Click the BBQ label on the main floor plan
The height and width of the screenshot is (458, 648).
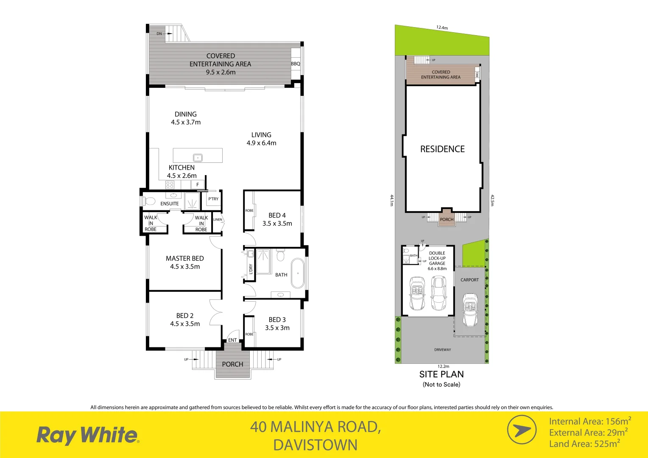[x=296, y=64]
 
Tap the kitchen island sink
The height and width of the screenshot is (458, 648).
[x=198, y=158]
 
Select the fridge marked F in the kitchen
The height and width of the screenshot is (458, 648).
[x=197, y=184]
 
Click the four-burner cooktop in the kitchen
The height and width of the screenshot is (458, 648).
[x=170, y=184]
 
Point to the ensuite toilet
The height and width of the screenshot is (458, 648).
[x=150, y=201]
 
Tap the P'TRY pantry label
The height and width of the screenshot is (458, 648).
[x=213, y=199]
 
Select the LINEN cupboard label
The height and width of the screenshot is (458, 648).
[x=218, y=220]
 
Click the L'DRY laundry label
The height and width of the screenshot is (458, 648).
[x=251, y=269]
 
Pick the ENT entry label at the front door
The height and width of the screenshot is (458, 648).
[x=232, y=340]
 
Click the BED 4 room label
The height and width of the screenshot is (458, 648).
[x=277, y=215]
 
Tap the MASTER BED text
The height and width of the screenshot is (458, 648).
[x=184, y=258]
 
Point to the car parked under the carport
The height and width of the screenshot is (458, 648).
[x=470, y=310]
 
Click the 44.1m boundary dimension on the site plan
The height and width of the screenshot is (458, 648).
[x=392, y=200]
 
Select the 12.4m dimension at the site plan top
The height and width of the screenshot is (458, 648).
[x=442, y=28]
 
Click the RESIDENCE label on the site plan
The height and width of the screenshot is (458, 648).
[x=442, y=149]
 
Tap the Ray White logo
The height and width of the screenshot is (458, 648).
[x=88, y=435]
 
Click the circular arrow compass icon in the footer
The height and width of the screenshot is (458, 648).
[x=522, y=430]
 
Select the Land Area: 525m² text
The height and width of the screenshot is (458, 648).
[x=584, y=444]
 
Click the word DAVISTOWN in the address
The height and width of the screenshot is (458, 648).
[x=315, y=445]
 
